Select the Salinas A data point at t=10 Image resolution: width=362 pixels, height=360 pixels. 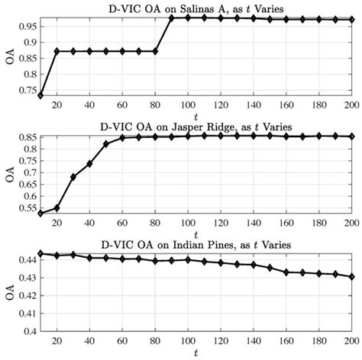40,95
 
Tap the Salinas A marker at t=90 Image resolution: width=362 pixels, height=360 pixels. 173,18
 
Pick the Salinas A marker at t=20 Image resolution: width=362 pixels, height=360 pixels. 57,51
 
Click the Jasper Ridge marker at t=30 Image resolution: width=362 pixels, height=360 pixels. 73,177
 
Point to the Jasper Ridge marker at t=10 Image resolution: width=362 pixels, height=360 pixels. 40,214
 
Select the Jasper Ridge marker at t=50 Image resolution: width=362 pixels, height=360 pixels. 106,143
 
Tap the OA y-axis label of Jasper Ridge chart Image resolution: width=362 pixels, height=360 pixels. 8,173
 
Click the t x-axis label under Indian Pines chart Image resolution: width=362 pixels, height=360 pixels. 196,353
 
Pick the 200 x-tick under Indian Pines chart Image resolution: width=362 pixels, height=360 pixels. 351,341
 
